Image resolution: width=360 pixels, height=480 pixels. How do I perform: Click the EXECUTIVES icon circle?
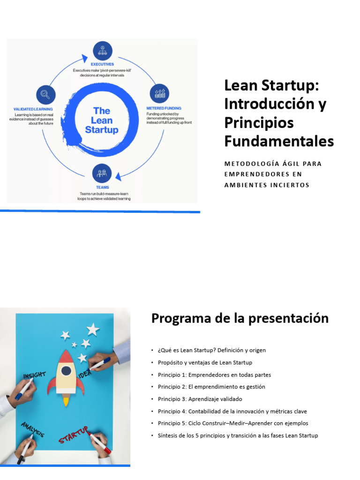pyautogui.click(x=102, y=50)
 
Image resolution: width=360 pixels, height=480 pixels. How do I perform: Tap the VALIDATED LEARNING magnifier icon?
pyautogui.click(x=45, y=94)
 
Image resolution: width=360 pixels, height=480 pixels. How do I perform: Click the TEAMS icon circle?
pyautogui.click(x=102, y=173)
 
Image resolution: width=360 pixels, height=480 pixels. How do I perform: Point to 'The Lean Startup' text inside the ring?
pyautogui.click(x=102, y=120)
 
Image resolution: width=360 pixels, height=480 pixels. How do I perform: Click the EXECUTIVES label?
pyautogui.click(x=102, y=64)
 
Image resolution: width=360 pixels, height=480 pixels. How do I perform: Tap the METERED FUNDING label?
pyautogui.click(x=164, y=108)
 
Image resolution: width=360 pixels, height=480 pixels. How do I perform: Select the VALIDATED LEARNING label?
pyautogui.click(x=33, y=109)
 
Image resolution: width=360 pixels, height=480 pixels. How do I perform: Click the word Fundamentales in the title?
pyautogui.click(x=279, y=141)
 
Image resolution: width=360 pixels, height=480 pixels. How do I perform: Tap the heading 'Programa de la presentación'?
pyautogui.click(x=240, y=319)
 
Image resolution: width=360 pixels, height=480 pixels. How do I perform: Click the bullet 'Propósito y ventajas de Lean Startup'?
pyautogui.click(x=204, y=362)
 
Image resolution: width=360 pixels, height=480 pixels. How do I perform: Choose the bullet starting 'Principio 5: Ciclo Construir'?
pyautogui.click(x=232, y=423)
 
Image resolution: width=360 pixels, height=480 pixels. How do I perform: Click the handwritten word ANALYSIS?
pyautogui.click(x=32, y=429)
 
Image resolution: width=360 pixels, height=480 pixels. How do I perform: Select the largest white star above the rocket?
pyautogui.click(x=93, y=329)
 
